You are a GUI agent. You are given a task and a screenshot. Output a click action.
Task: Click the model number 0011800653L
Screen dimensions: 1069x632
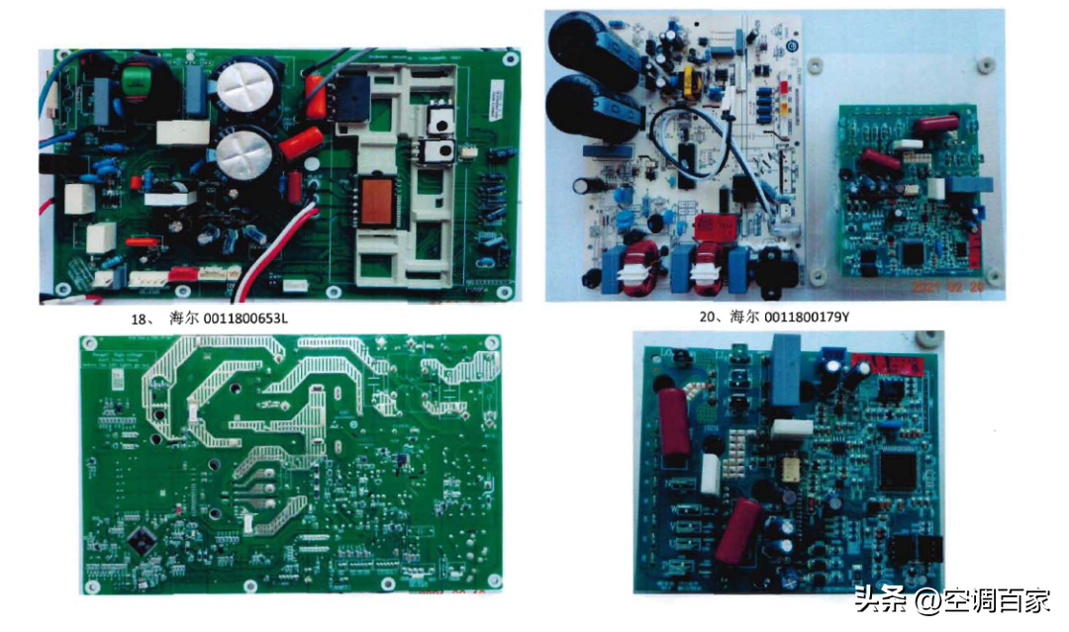pyautogui.click(x=243, y=318)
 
